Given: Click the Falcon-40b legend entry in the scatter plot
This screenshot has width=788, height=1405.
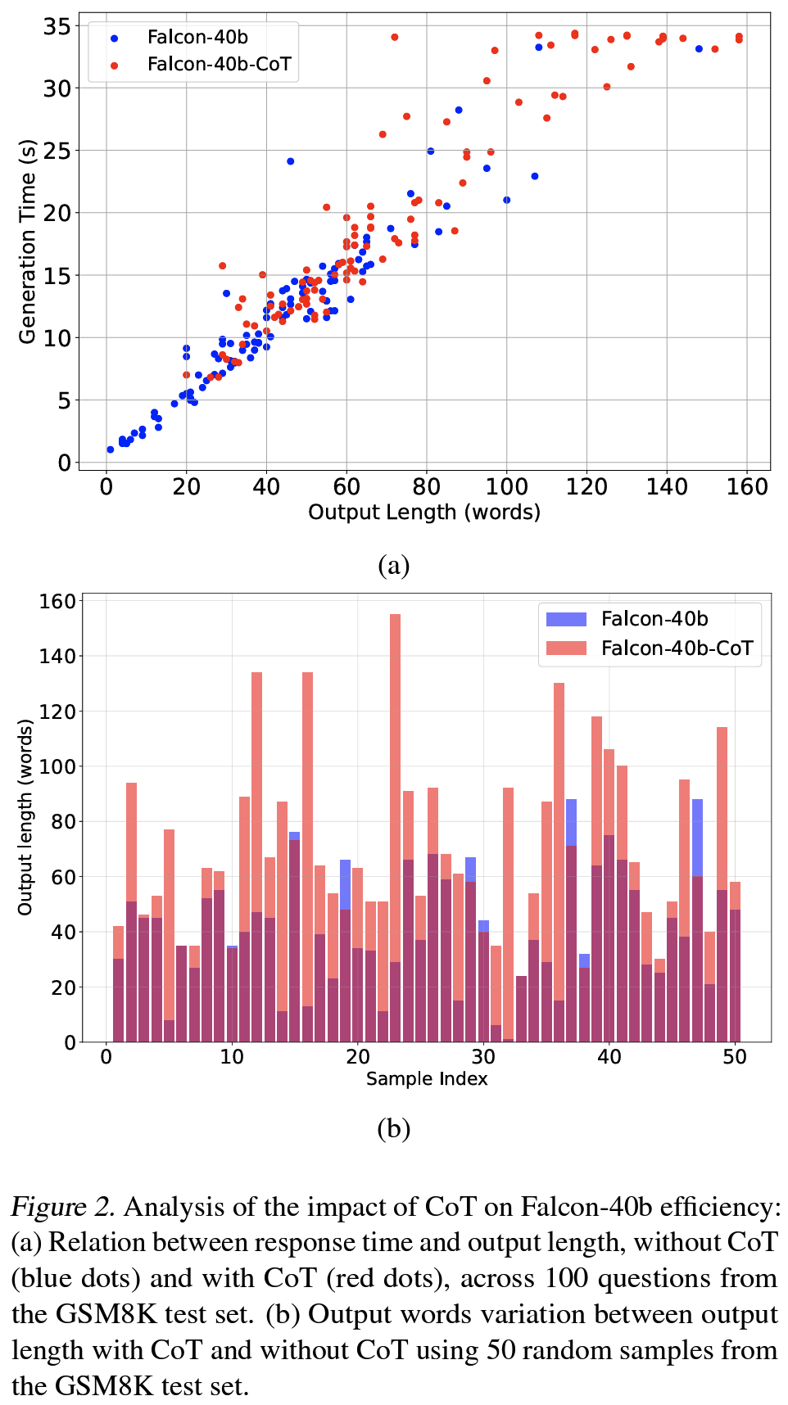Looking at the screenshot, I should pos(197,38).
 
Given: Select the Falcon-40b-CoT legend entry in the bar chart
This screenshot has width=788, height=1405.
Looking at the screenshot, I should pos(676,648).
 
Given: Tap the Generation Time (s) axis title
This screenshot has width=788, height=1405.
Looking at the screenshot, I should pos(27,242).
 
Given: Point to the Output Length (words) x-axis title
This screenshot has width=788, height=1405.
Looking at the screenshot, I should pos(423,513).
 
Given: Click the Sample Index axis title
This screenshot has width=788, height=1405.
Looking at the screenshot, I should pos(426,1079).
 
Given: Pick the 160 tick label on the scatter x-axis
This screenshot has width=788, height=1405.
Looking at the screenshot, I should pos(746,487).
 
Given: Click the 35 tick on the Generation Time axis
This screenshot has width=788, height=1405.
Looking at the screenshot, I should pos(57,26).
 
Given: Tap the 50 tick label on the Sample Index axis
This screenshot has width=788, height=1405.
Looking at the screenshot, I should pos(735,1057).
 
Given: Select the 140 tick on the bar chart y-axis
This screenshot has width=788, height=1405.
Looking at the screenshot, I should pos(57,656).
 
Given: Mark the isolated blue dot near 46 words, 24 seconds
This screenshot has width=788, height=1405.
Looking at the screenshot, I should pos(290,161).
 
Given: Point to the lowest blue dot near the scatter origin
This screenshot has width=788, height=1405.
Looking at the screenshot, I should pos(110,450).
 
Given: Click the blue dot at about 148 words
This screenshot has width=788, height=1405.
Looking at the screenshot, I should pos(699,49).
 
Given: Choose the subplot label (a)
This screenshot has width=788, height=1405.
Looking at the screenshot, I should pos(393,566).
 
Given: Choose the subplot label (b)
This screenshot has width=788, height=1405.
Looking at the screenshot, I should pos(393,1129).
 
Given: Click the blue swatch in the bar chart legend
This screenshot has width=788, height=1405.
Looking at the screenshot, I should pos(566,619).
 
